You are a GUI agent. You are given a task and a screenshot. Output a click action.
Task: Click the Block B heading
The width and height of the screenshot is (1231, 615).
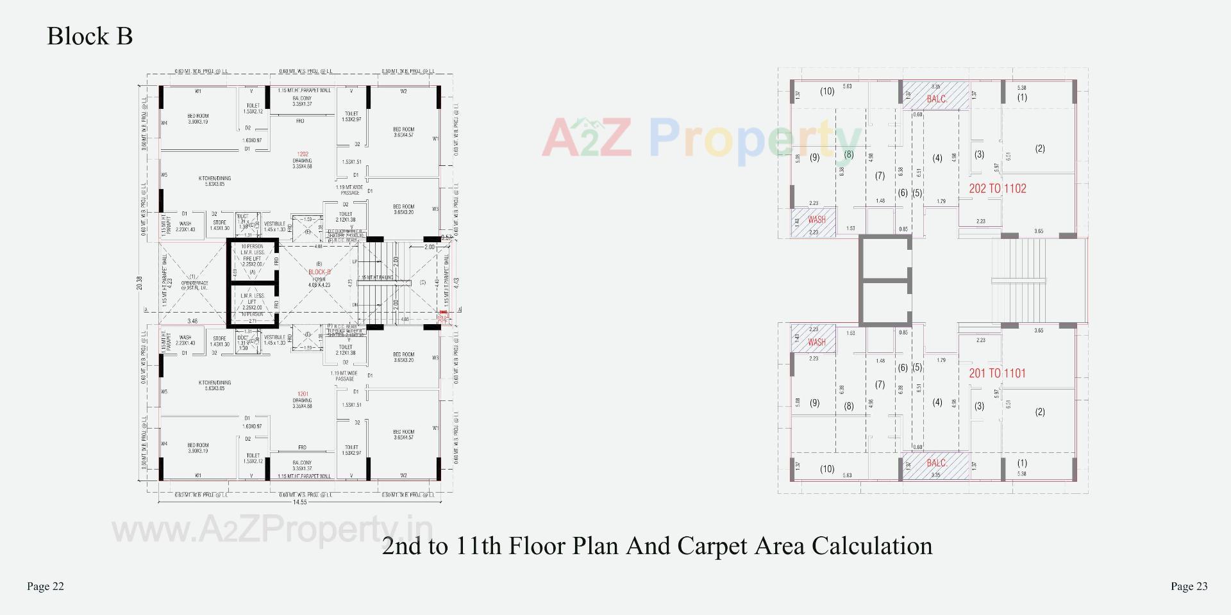[x=90, y=36]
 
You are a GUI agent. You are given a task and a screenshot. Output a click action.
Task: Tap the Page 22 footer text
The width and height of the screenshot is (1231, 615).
[x=46, y=586]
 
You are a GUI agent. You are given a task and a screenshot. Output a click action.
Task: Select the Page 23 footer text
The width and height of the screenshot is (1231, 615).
[x=1189, y=586]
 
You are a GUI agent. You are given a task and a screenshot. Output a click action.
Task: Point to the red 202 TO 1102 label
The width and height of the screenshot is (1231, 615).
[x=997, y=188]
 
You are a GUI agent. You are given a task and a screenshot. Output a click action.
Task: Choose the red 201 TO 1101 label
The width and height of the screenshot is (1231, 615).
[x=997, y=373]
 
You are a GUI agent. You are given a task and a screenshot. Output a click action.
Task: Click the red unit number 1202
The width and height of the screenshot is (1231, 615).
[x=303, y=154]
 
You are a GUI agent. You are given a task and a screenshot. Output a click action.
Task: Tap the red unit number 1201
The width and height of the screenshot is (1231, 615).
[x=303, y=394]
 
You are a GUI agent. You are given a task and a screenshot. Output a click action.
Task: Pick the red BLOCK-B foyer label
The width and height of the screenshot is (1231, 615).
[x=319, y=272]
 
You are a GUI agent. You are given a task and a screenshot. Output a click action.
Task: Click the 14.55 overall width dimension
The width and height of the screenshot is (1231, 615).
[x=299, y=502]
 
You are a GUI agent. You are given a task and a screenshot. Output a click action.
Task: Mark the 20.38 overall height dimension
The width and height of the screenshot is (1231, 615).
[x=140, y=283]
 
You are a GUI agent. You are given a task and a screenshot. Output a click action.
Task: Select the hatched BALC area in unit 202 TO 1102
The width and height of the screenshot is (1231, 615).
[x=935, y=95]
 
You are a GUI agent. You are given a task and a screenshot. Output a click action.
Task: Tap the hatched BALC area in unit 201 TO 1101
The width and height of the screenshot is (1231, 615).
[x=935, y=466]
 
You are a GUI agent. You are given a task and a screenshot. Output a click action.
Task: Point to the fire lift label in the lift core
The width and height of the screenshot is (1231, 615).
[x=252, y=259]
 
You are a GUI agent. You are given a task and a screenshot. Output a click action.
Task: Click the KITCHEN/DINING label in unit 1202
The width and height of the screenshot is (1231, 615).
[x=215, y=181]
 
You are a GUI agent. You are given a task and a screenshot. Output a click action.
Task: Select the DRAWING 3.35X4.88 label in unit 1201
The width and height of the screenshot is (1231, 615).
[x=302, y=403]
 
